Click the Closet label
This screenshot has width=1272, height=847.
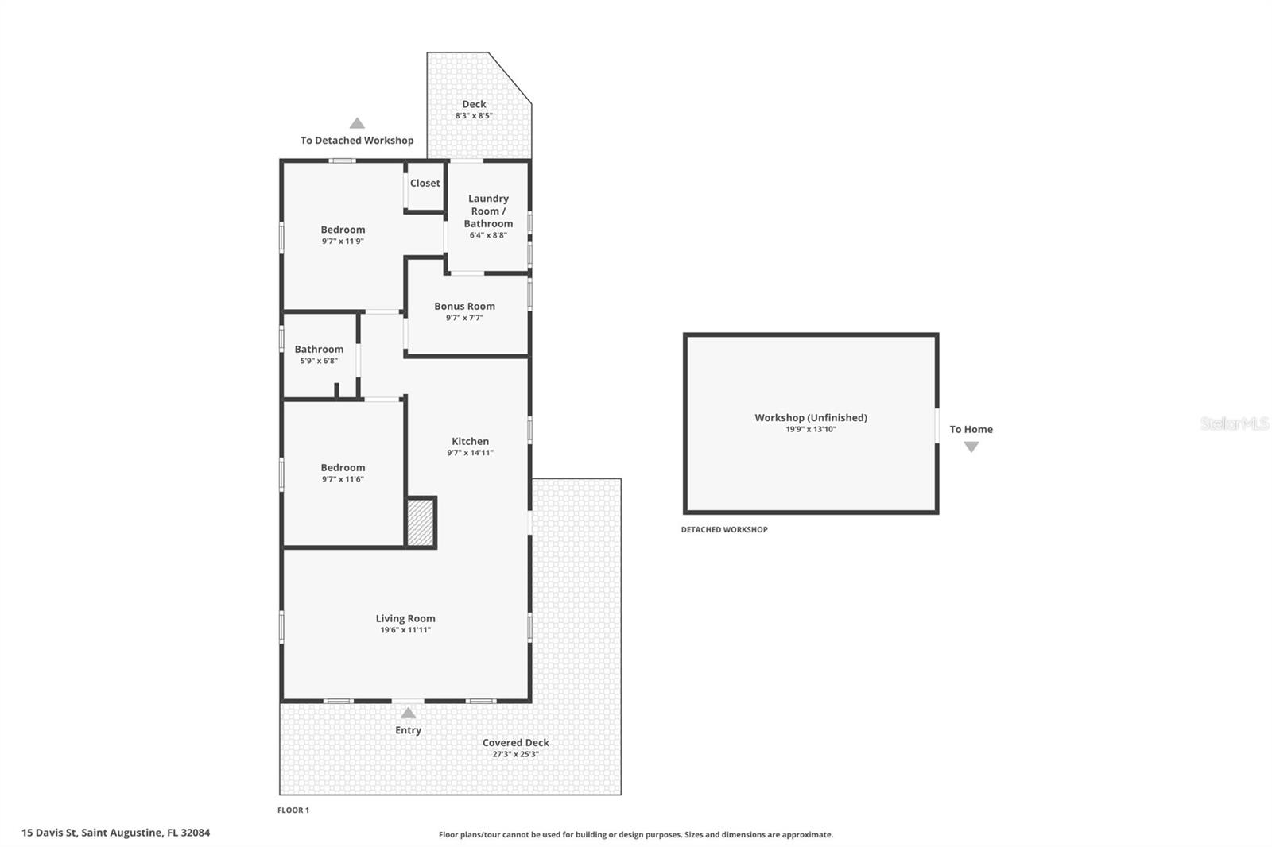click(425, 183)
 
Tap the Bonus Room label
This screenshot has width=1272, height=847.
click(464, 306)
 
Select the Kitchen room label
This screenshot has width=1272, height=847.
click(470, 441)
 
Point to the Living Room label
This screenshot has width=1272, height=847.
click(405, 618)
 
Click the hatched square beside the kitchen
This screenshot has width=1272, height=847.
click(421, 523)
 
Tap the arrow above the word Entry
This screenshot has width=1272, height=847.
click(408, 713)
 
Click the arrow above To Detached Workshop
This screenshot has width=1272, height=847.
click(357, 123)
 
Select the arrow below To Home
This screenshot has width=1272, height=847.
click(971, 447)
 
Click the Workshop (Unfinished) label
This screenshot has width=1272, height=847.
click(810, 417)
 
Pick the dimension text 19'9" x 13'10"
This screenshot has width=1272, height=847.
click(810, 429)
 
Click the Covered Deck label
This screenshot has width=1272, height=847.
click(515, 743)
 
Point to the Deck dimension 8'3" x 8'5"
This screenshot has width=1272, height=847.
click(474, 116)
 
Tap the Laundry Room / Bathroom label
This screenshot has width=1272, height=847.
click(488, 211)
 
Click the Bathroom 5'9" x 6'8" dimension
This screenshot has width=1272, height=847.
click(319, 361)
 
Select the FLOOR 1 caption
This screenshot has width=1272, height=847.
click(293, 810)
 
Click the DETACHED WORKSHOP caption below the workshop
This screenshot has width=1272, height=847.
click(723, 529)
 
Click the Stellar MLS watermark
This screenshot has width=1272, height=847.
click(1234, 423)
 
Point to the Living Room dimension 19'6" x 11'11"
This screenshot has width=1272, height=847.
click(405, 630)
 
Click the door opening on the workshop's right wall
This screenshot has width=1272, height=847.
click(937, 425)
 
